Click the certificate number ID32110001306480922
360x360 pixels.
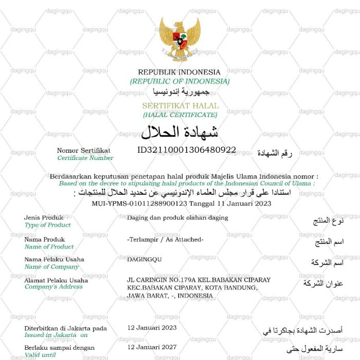(x=187, y=150)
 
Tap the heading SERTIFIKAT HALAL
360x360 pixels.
(x=180, y=106)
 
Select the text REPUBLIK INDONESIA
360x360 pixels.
(x=179, y=73)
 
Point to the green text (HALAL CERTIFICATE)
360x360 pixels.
(x=180, y=115)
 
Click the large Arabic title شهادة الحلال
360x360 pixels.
(x=179, y=132)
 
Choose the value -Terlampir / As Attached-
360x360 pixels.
(x=165, y=240)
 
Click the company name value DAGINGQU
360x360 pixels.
(x=144, y=260)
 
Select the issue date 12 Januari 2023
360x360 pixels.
(x=152, y=328)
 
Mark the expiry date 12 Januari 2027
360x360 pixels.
(x=152, y=348)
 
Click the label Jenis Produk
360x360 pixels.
(x=44, y=218)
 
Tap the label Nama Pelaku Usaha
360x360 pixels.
(x=54, y=260)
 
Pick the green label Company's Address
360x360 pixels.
(x=53, y=287)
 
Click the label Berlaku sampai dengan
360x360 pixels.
(x=59, y=348)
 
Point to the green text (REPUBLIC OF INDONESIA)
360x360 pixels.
(x=179, y=81)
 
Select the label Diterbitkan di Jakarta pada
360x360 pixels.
(x=65, y=328)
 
